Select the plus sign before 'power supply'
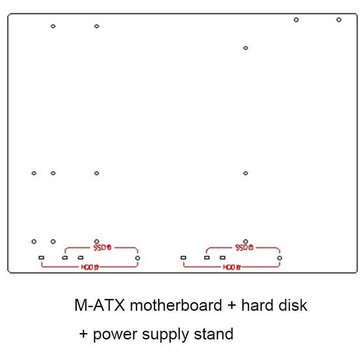83,334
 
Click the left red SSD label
102,248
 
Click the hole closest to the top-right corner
339,20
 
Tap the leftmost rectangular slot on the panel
41,258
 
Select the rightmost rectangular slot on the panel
222,258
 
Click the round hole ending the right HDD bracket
279,258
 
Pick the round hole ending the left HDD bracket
137,258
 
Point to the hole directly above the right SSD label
246,241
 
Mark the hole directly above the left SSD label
96,241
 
